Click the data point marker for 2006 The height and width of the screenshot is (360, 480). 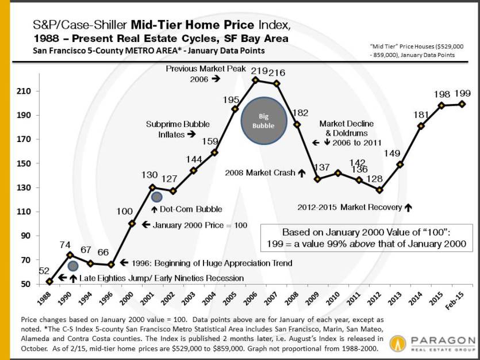click(x=256, y=80)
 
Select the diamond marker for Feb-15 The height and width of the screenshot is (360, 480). click(x=462, y=104)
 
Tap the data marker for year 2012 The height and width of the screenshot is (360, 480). click(x=379, y=190)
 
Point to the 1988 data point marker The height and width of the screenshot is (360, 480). click(x=49, y=282)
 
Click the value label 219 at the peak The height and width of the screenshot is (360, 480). click(x=259, y=71)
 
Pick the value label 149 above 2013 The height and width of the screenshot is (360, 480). click(x=392, y=153)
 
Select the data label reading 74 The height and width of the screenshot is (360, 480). click(x=65, y=245)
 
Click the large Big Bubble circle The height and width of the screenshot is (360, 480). click(x=264, y=121)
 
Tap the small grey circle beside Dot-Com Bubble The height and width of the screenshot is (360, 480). click(x=157, y=197)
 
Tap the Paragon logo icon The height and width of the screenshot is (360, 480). click(x=398, y=343)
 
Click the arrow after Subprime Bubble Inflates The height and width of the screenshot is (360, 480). click(x=191, y=135)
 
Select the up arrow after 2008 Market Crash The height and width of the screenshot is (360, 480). click(x=302, y=173)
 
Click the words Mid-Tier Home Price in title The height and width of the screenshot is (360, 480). click(x=193, y=25)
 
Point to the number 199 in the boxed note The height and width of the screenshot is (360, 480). click(x=274, y=244)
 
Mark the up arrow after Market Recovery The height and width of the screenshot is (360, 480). click(x=408, y=208)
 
